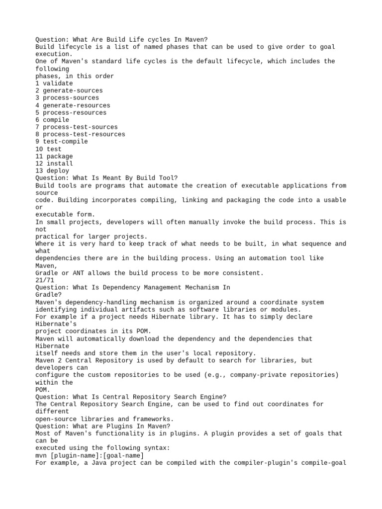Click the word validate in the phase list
point(58,84)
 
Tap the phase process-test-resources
point(84,134)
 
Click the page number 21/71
point(45,280)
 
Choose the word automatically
point(103,339)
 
